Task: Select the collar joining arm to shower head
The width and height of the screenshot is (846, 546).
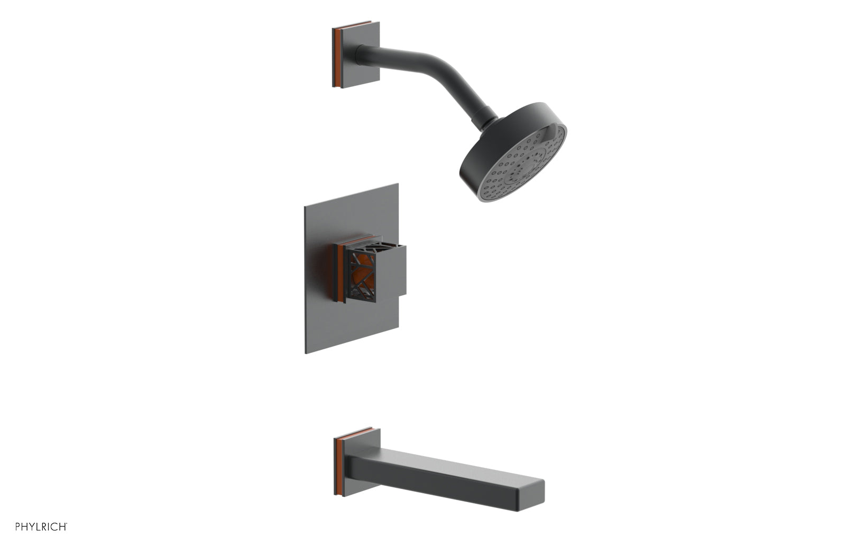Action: [488, 117]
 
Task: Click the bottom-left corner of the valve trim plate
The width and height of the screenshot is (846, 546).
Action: [307, 351]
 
